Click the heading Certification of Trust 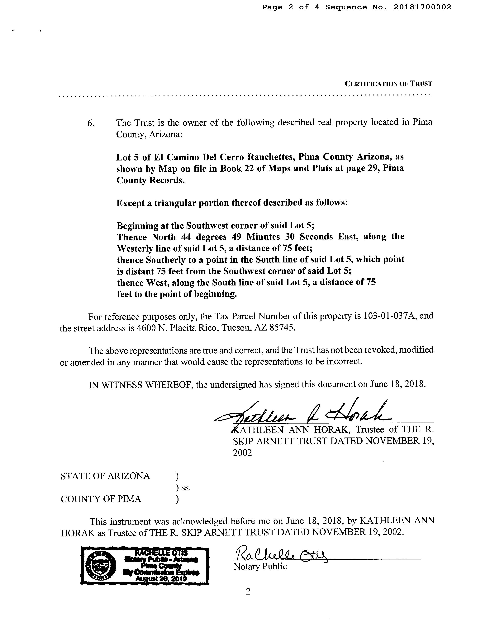coord(388,84)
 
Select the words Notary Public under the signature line coord(260,567)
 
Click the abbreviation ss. coord(186,488)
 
